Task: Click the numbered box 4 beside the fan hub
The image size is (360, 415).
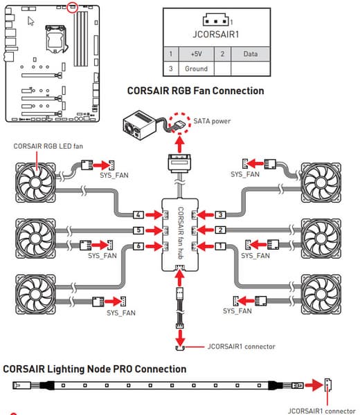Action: (138, 214)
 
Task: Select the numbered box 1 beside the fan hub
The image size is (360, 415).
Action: (220, 246)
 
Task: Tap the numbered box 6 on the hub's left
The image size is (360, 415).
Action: (138, 246)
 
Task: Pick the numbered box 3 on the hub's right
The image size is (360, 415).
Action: (220, 214)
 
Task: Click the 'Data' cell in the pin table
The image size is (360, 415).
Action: (251, 54)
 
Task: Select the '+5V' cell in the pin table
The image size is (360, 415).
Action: (197, 54)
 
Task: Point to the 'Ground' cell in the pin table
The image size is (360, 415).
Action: (197, 68)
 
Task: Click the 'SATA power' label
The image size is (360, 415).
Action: (212, 121)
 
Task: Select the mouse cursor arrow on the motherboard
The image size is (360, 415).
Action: (30, 21)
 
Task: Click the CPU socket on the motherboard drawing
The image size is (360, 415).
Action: (55, 39)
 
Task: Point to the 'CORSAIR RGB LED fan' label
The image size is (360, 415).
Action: (48, 146)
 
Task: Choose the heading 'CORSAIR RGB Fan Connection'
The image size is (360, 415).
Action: (195, 91)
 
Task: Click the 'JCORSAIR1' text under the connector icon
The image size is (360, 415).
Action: (215, 35)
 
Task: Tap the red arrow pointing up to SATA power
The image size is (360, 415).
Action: (180, 145)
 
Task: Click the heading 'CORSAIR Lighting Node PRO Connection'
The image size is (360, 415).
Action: (95, 369)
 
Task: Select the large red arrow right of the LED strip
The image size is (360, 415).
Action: (314, 385)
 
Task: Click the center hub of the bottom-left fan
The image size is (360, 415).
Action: (35, 294)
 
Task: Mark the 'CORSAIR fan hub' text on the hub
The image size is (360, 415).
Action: (181, 233)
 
